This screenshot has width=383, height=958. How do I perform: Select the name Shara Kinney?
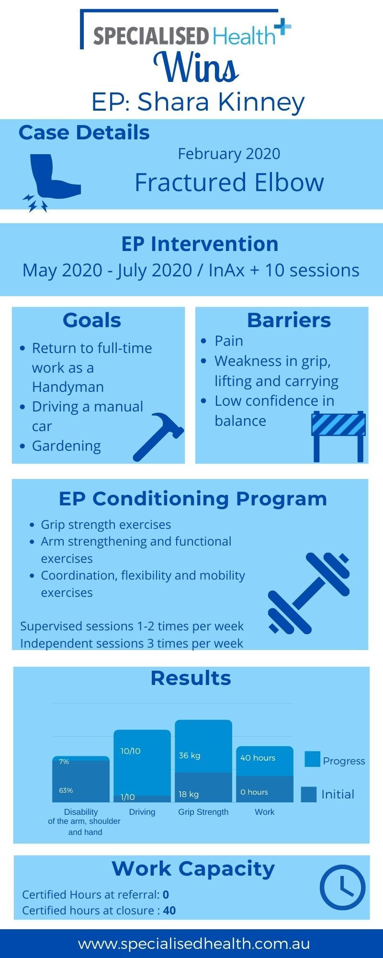(x=221, y=103)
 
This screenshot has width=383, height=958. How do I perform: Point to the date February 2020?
(x=229, y=154)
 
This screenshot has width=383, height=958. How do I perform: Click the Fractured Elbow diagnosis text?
(x=229, y=182)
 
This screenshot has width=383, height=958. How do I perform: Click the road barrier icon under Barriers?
(x=338, y=436)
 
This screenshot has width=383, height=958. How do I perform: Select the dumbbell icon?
(x=309, y=593)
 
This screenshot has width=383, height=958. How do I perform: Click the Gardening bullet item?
(x=66, y=446)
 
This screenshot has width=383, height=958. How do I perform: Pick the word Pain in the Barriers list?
(x=229, y=341)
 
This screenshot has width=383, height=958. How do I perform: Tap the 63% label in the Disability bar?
(x=66, y=790)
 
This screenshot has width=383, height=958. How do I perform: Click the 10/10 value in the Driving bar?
(x=130, y=751)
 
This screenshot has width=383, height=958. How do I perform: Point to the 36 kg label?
(x=190, y=755)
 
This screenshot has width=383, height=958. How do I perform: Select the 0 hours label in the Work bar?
(x=254, y=792)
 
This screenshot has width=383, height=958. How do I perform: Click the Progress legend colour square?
(x=312, y=759)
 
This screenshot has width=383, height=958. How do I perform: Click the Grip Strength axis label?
(x=203, y=812)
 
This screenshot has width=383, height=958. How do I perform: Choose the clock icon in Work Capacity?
(x=343, y=888)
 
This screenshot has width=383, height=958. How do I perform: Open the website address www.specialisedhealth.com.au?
(x=194, y=944)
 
